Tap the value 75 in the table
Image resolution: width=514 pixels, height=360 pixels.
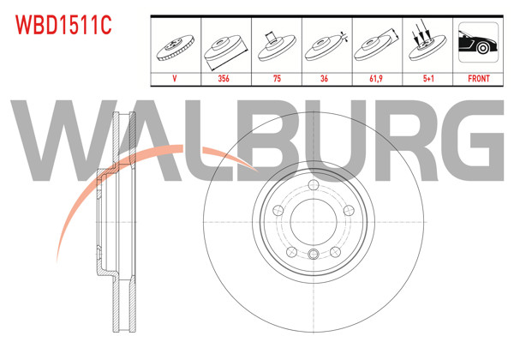pos(276,78)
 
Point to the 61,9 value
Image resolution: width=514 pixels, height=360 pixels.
pos(375,78)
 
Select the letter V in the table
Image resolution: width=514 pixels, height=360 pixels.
pos(176,78)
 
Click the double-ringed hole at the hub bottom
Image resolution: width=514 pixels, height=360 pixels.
pos(314,254)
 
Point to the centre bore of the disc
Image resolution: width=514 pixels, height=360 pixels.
pos(314,225)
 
